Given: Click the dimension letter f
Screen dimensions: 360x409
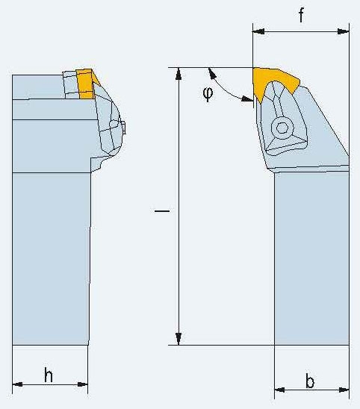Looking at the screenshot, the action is coord(301,15).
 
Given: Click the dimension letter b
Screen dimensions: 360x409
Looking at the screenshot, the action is coord(310,381).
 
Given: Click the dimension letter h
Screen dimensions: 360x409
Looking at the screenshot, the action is coord(49,375).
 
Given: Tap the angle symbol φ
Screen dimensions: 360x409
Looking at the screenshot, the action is coord(208,94).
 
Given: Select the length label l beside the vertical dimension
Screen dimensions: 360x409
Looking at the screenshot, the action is coord(162,210).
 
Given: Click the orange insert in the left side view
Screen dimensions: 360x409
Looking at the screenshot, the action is coord(85,84).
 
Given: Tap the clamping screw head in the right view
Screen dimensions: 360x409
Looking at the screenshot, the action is coord(282,128).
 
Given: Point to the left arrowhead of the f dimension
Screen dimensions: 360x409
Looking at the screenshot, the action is coord(258,31).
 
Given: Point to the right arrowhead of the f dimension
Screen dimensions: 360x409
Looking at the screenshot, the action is coord(343,31).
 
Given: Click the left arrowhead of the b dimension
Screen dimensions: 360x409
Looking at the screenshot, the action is coord(279,390).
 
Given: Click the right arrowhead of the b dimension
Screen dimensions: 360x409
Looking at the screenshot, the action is coord(344,390).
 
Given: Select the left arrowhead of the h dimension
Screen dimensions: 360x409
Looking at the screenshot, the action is coord(17,384).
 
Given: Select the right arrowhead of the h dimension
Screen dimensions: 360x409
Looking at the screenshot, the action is coord(83,384).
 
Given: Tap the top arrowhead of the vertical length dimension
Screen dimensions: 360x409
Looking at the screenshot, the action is coord(179,74).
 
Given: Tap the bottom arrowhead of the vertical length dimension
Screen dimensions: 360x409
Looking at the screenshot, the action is coord(179,339).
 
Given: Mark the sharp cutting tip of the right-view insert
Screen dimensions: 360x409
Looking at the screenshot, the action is coord(253,69).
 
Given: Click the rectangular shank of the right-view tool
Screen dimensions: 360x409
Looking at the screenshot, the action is coord(311,258).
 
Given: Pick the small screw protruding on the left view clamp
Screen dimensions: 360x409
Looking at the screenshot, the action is coord(123,128).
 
